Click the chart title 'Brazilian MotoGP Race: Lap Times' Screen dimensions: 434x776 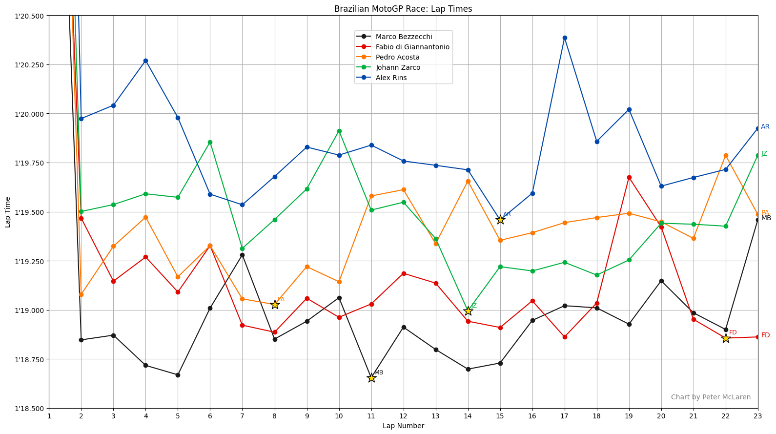pyautogui.click(x=403, y=9)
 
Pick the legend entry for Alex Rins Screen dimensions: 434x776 pyautogui.click(x=391, y=78)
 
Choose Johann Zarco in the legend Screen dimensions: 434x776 pyautogui.click(x=398, y=67)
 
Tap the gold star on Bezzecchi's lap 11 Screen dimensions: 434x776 pyautogui.click(x=371, y=378)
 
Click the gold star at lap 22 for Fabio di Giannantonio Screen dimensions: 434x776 pyautogui.click(x=726, y=338)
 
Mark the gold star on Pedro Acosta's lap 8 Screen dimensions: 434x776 pyautogui.click(x=275, y=305)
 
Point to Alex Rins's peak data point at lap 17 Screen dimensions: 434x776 pyautogui.click(x=565, y=38)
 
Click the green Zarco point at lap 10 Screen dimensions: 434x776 pyautogui.click(x=339, y=131)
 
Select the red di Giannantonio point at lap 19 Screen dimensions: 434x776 pyautogui.click(x=629, y=177)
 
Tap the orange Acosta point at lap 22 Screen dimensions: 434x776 pyautogui.click(x=726, y=155)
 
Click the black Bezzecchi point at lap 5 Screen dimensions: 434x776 pyautogui.click(x=178, y=375)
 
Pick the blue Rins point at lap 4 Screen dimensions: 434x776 pyautogui.click(x=145, y=61)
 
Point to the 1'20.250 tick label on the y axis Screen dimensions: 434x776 pyautogui.click(x=30, y=65)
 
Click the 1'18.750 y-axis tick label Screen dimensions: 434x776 pyautogui.click(x=30, y=360)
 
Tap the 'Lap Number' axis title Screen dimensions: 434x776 pyautogui.click(x=403, y=426)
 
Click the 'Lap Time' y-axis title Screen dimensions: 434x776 pyautogui.click(x=8, y=212)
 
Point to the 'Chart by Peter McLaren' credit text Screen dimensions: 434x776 pyautogui.click(x=711, y=397)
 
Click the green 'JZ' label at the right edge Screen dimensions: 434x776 pyautogui.click(x=764, y=154)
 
